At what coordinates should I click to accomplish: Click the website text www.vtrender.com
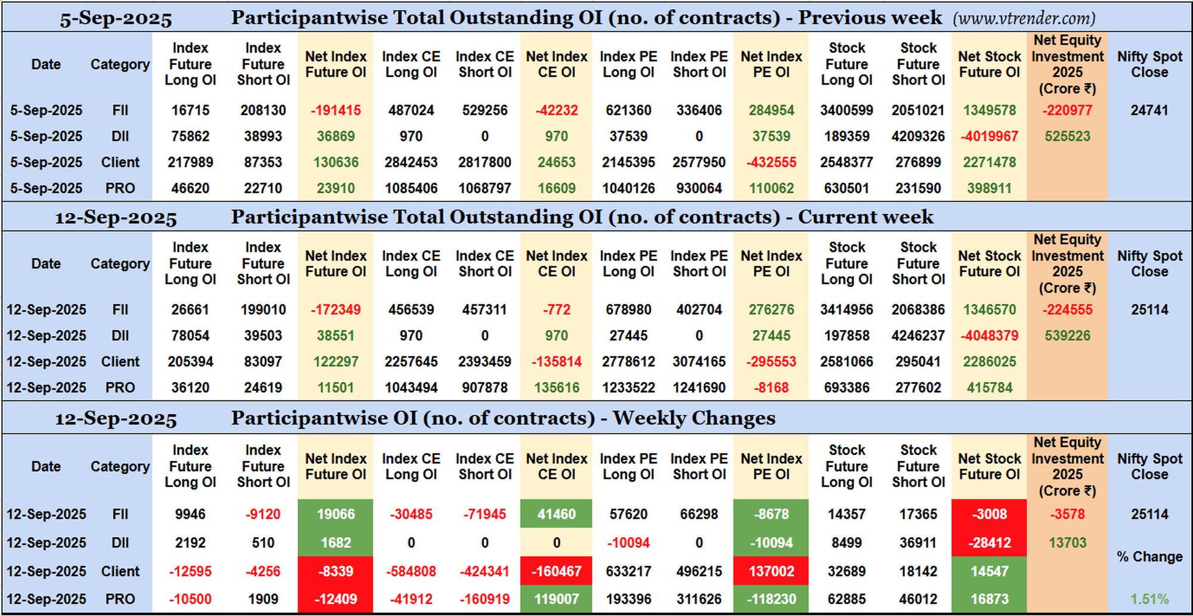1024,19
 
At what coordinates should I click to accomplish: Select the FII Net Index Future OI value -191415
336,110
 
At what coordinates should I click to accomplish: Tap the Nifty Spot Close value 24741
1149,110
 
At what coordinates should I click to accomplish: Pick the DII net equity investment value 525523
1067,136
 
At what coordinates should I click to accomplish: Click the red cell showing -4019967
989,136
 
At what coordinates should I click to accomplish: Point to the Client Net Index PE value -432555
771,162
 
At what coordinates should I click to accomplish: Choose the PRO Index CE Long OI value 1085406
411,189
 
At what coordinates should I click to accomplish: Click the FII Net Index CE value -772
557,310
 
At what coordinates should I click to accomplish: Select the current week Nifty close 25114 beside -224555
1149,310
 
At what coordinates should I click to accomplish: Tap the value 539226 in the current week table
1067,335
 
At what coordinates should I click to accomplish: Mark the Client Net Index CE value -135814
557,362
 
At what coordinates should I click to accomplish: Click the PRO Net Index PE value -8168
771,388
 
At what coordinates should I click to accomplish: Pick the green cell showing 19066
335,514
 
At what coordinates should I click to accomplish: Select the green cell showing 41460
556,514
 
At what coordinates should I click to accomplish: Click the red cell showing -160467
556,571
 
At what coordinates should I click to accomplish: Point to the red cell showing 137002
771,571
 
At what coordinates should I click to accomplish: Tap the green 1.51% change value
1149,599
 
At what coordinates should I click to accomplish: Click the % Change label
1149,557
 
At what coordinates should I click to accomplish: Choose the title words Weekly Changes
694,418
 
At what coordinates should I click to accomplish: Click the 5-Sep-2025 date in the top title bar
116,19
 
